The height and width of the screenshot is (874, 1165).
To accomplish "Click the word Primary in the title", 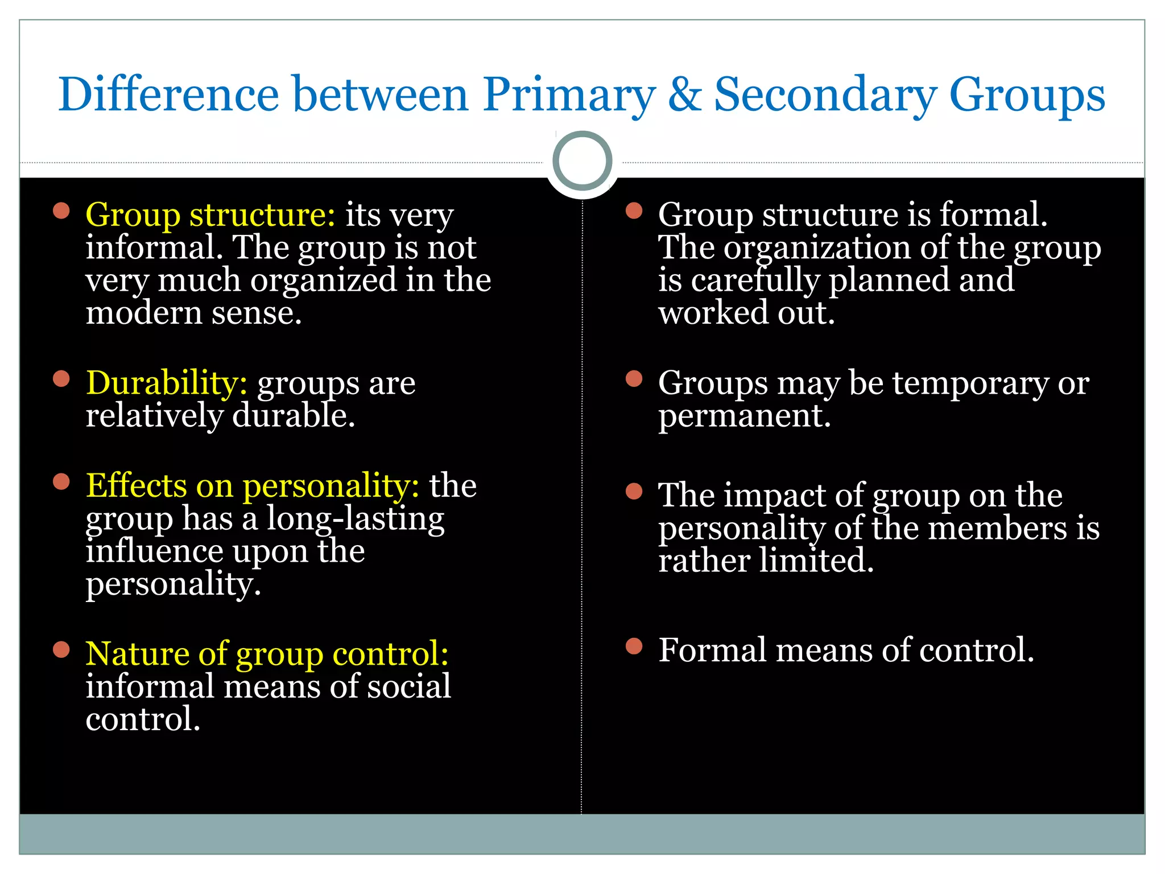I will (x=569, y=94).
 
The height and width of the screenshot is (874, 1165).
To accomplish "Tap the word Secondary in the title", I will (x=824, y=94).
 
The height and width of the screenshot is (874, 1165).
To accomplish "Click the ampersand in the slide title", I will (x=685, y=94).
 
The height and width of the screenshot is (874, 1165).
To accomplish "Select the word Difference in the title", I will (x=169, y=94).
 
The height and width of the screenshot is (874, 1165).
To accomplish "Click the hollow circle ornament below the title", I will (x=582, y=160).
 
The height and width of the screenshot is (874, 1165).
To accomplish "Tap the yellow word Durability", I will (x=166, y=382).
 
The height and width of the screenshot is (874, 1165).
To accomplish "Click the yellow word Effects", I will (x=136, y=485).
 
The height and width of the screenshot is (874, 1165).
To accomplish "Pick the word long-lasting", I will (x=356, y=519).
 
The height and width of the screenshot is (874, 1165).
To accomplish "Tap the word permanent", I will (x=744, y=417).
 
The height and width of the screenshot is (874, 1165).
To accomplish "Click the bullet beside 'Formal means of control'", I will (x=634, y=646).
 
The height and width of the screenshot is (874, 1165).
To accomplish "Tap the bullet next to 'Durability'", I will (x=61, y=379).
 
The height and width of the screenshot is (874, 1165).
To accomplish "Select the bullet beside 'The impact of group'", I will (x=634, y=491).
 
